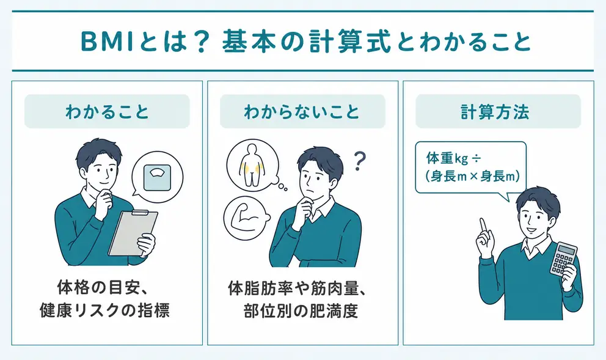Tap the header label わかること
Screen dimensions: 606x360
[107, 112]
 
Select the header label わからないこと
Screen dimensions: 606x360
[302, 112]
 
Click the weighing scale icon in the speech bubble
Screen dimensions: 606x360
[157, 177]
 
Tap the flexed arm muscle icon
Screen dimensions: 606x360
[246, 218]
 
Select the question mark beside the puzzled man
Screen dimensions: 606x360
[359, 161]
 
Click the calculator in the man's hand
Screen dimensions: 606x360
[564, 259]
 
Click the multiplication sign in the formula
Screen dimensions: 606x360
[474, 177]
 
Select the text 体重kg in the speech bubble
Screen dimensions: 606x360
[447, 158]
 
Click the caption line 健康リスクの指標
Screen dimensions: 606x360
[104, 310]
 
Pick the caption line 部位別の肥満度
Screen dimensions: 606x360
[301, 310]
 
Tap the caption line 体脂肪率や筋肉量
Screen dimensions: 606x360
[294, 288]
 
